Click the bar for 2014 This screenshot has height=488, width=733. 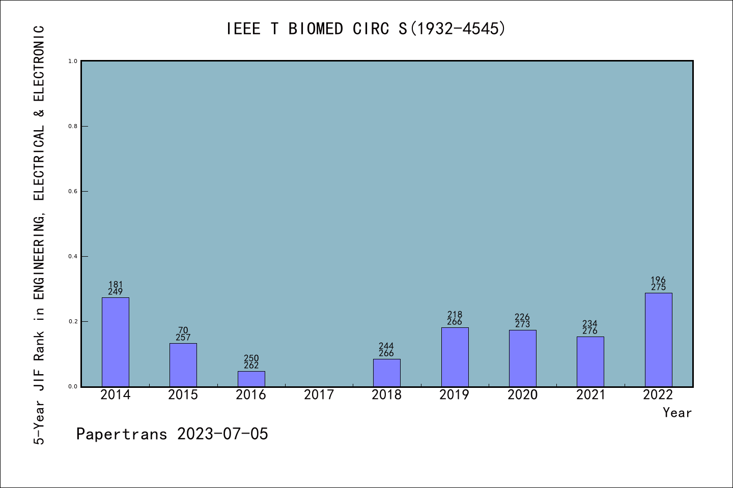116,342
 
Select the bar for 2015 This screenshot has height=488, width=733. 183,365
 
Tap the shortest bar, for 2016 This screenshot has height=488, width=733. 251,379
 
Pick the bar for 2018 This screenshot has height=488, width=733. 387,373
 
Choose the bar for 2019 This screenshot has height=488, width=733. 455,357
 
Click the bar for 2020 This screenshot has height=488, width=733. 523,358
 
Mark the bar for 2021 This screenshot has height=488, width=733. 590,361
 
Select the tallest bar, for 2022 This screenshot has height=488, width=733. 658,340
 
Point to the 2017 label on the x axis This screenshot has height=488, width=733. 319,395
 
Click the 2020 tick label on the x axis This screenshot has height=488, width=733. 523,395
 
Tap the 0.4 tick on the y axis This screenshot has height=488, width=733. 73,257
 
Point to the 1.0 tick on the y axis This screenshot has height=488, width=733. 73,62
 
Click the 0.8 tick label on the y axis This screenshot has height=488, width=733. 73,127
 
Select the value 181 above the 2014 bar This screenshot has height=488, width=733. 116,285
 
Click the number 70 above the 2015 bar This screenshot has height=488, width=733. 183,330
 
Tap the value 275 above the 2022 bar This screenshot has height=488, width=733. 658,287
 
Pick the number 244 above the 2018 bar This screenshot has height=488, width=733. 386,346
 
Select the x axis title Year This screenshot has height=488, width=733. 677,413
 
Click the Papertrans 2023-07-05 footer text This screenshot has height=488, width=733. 172,434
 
